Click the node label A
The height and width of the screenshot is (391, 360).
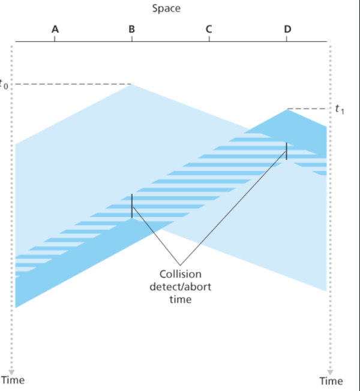pyautogui.click(x=55, y=28)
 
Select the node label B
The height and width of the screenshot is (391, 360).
pyautogui.click(x=132, y=28)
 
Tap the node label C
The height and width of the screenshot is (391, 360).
pyautogui.click(x=209, y=28)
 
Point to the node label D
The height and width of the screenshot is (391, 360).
pyautogui.click(x=287, y=28)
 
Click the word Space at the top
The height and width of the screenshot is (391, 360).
pyautogui.click(x=166, y=8)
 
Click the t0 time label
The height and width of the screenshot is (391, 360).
pyautogui.click(x=5, y=84)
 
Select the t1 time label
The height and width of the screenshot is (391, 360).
pyautogui.click(x=340, y=109)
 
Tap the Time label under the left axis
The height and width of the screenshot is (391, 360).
pyautogui.click(x=13, y=380)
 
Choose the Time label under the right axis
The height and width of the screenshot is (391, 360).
pyautogui.click(x=331, y=380)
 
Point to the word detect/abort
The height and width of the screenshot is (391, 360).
pyautogui.click(x=180, y=287)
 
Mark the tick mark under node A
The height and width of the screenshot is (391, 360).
pyautogui.click(x=55, y=39)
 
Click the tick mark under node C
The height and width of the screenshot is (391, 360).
pyautogui.click(x=209, y=39)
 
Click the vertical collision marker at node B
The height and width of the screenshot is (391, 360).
pyautogui.click(x=132, y=206)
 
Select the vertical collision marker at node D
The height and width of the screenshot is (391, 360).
pyautogui.click(x=287, y=151)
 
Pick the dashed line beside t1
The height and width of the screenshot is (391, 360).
pyautogui.click(x=309, y=109)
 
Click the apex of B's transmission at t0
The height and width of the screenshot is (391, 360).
pyautogui.click(x=132, y=85)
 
